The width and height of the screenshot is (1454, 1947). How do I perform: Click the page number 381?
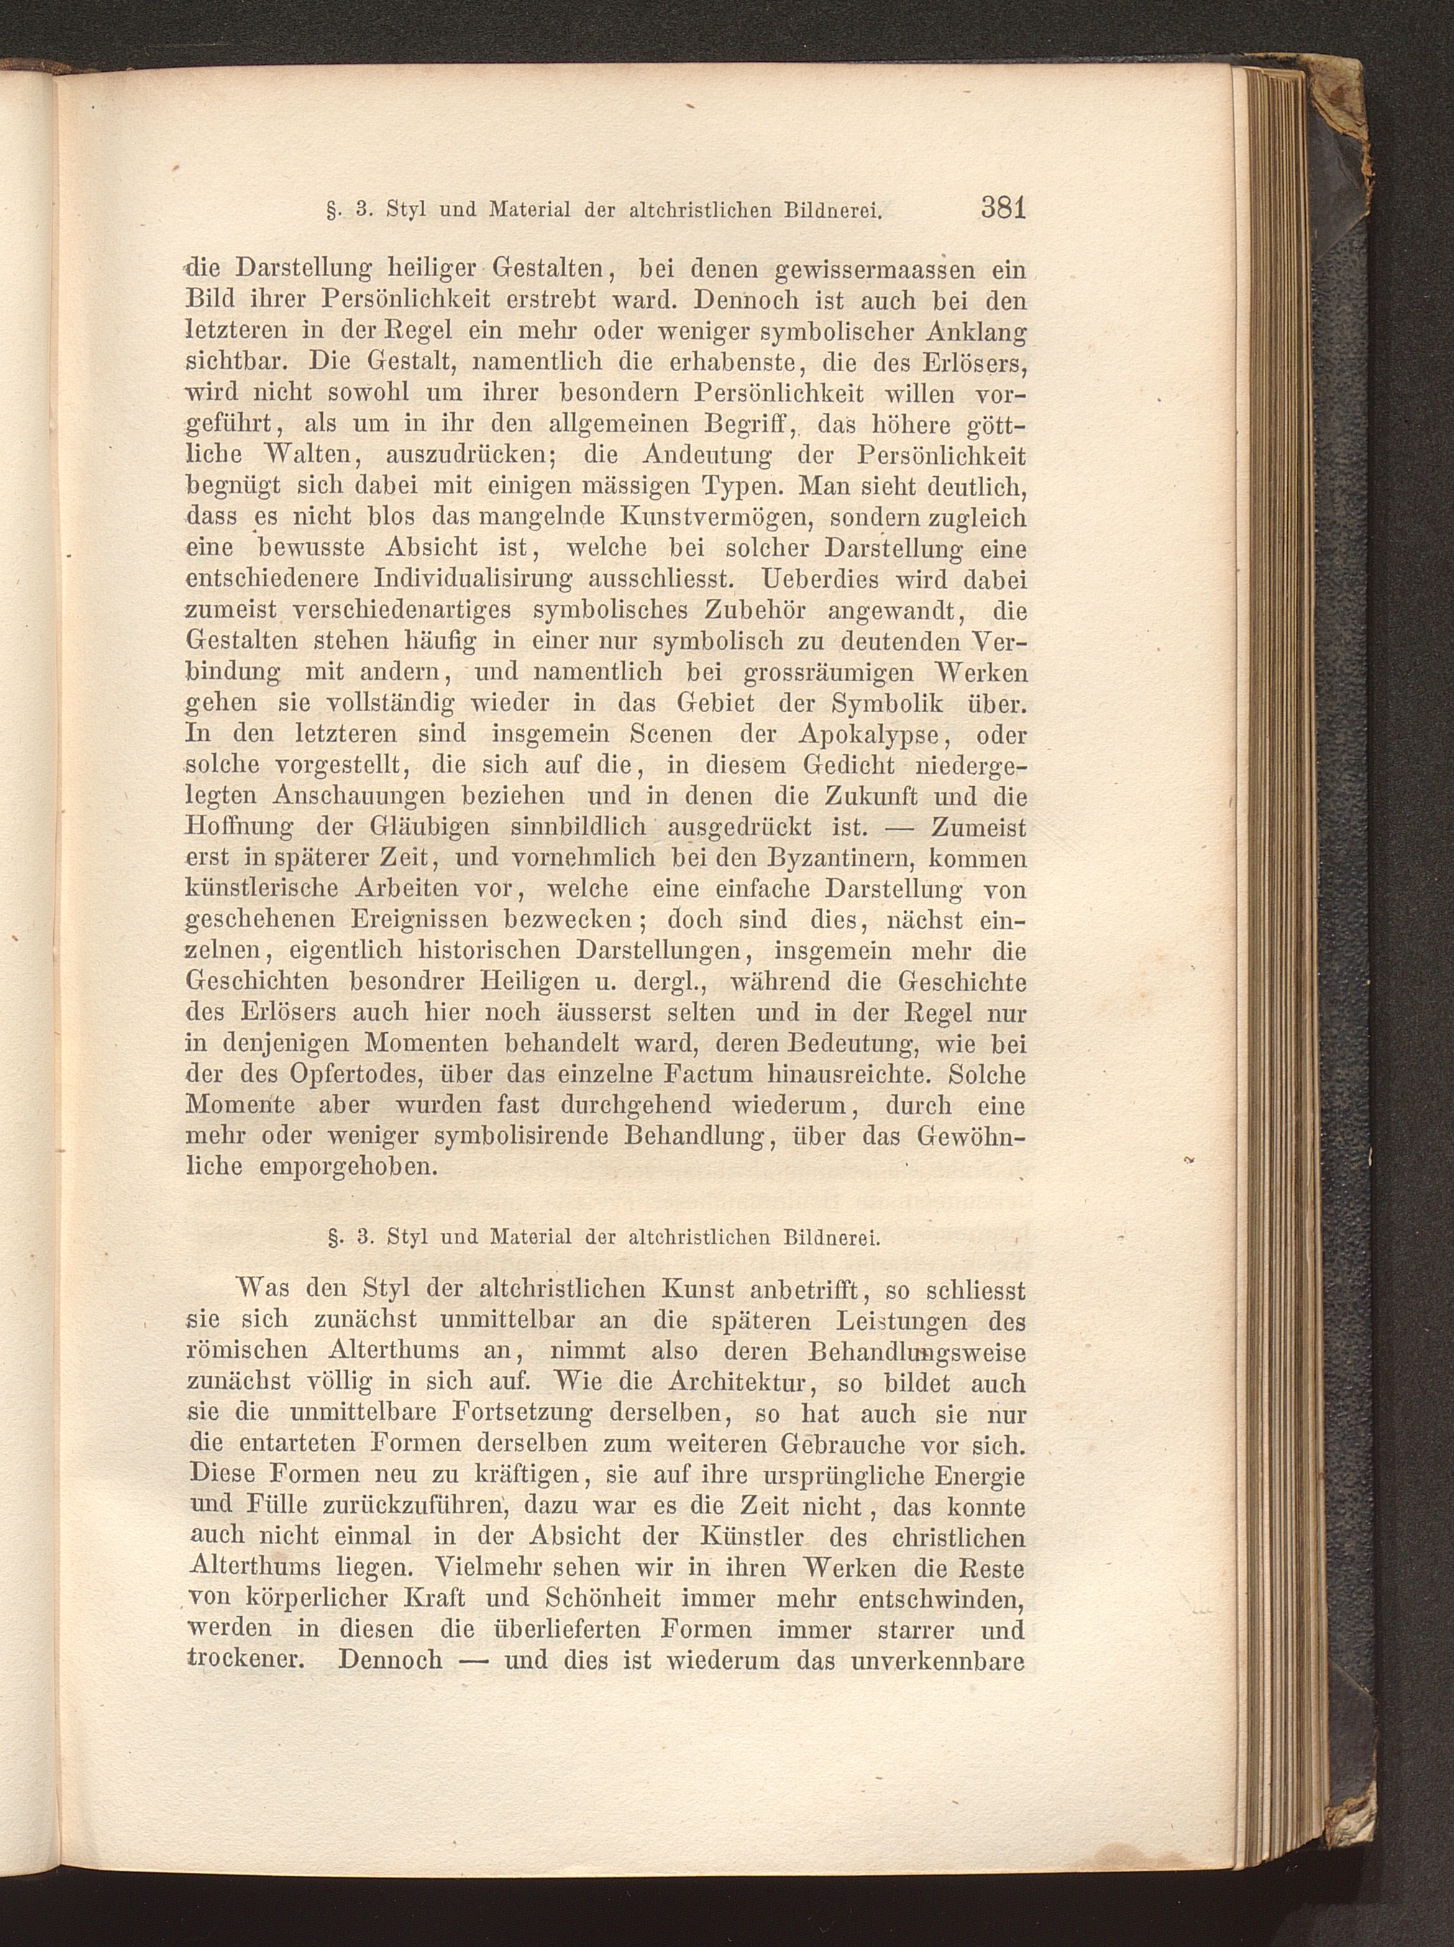[x=1002, y=209]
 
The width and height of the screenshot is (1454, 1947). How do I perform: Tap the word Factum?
[x=710, y=1075]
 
